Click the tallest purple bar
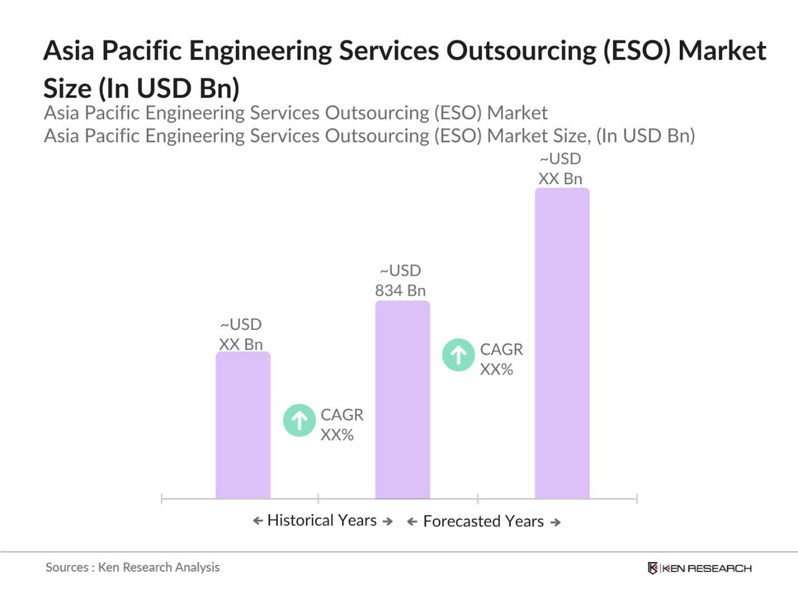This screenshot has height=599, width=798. point(562,343)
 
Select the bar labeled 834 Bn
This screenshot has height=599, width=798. point(402,399)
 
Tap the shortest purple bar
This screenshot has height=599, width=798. point(243,425)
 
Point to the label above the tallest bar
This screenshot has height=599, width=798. point(560,169)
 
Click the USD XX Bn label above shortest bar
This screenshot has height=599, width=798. point(241,334)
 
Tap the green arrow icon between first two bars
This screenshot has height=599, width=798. point(299,420)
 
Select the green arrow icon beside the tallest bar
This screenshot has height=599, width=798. point(458,355)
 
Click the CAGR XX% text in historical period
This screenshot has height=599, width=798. point(341,425)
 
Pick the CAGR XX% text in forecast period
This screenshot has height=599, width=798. point(501,360)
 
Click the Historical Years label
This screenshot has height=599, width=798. point(322,520)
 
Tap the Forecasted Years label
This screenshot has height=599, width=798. point(483,521)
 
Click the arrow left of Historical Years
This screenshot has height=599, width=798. point(258,521)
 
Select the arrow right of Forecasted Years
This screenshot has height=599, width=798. point(555,523)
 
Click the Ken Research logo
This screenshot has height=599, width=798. point(699,568)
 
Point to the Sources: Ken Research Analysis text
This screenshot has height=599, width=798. point(133,568)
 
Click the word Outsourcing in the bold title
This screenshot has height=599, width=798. point(521,51)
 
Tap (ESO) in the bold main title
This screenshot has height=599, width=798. point(636,51)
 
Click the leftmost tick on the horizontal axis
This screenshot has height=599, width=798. point(162,499)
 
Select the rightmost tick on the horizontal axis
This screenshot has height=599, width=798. point(636,499)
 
